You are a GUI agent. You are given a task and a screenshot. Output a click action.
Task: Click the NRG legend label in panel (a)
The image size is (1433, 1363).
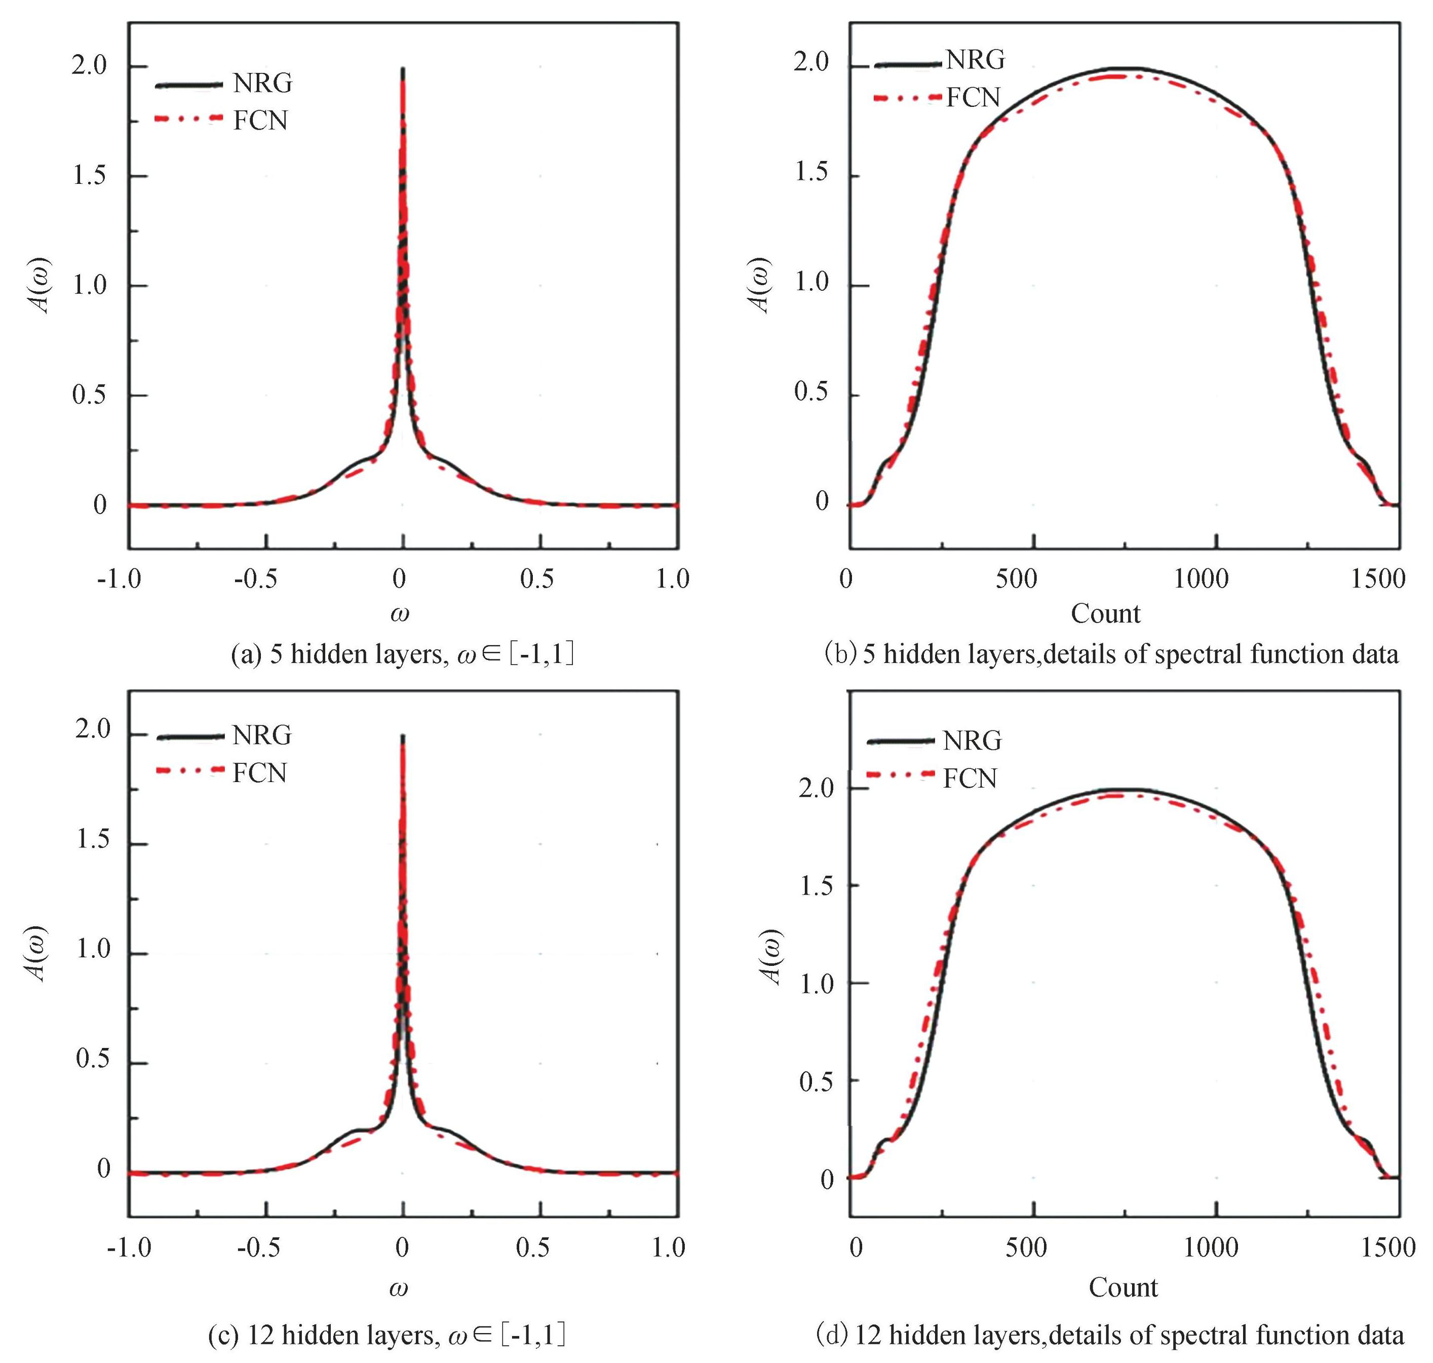(262, 84)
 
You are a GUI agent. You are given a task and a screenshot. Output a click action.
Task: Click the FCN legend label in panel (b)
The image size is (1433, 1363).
(973, 97)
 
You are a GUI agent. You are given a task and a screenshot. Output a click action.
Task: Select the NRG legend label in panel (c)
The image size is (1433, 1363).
(261, 735)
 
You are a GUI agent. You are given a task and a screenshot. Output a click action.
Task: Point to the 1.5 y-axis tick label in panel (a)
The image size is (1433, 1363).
(89, 175)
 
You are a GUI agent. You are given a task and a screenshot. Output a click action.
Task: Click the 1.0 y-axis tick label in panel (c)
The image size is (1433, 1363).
(93, 949)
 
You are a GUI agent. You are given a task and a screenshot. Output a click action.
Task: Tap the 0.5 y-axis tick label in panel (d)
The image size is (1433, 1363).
(816, 1081)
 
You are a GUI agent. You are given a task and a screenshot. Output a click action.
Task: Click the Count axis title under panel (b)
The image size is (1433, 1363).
(1105, 614)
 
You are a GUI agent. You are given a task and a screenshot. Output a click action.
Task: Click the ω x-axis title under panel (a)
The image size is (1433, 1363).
(400, 614)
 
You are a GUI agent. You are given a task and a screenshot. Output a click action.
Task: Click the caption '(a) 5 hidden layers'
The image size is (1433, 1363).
(402, 654)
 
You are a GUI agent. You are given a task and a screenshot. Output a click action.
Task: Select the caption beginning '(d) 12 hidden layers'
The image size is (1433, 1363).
(1110, 1335)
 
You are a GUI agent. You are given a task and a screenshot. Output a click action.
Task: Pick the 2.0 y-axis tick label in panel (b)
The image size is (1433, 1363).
(811, 62)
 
